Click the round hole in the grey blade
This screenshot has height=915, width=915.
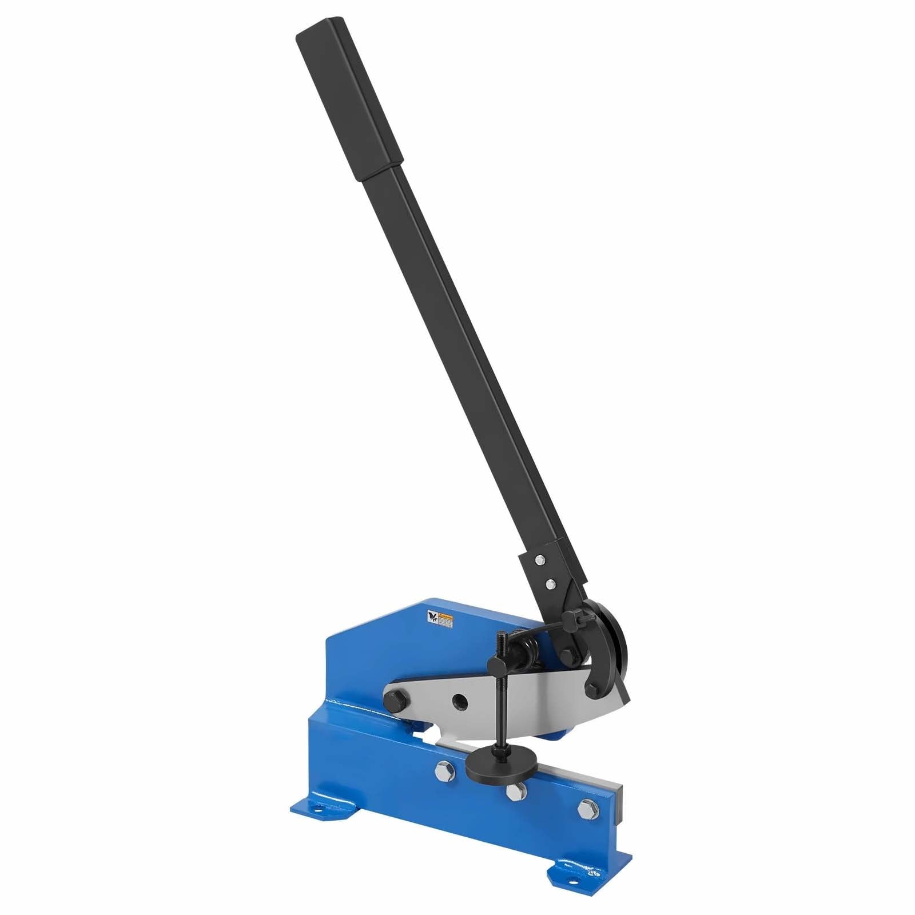point(459,700)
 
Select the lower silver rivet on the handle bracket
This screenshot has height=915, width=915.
point(550,584)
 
